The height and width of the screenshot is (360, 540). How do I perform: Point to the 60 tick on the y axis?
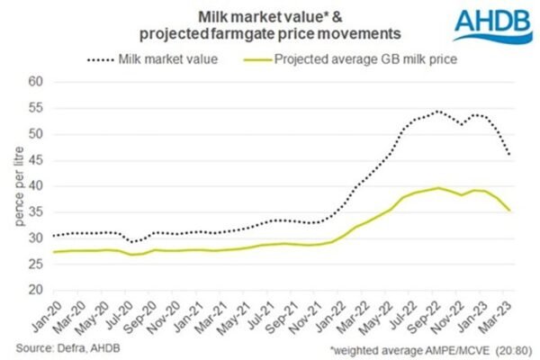click(35, 81)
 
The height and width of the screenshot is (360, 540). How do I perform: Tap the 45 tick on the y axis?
click(35, 160)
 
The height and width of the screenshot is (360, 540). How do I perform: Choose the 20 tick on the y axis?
click(35, 291)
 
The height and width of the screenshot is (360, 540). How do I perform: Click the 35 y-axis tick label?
click(35, 212)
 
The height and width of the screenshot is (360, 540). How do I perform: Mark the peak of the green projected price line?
click(438, 188)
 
